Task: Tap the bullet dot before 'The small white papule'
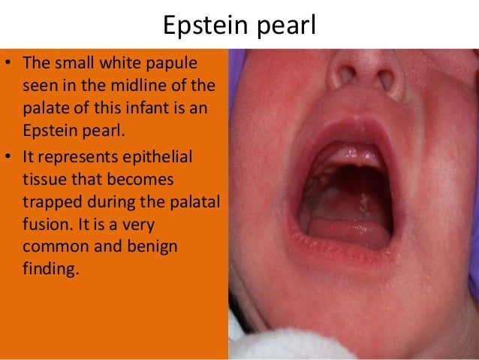click(x=9, y=62)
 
